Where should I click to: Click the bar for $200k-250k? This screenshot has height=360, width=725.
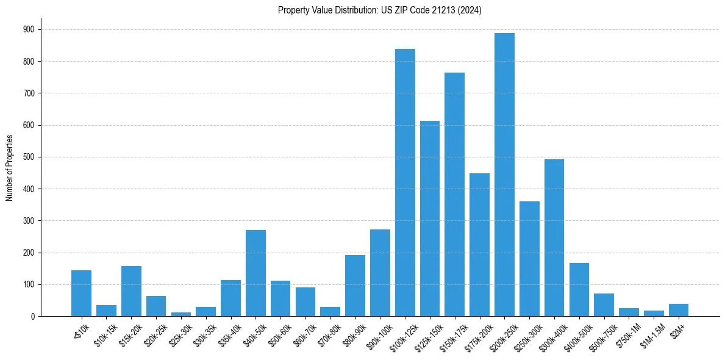[x=504, y=175]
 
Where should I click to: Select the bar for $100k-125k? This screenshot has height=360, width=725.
[x=405, y=182]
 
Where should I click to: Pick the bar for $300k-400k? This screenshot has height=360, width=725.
[x=554, y=237]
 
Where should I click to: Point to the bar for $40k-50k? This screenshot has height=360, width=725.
[x=255, y=273]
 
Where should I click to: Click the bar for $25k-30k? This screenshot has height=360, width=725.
[x=181, y=314]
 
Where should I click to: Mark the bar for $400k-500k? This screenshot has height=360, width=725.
[x=579, y=289]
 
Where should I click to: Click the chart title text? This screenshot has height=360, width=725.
[x=379, y=10]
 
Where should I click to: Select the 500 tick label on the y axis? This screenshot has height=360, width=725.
[x=29, y=157]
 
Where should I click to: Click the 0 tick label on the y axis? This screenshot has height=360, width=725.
[x=32, y=316]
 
